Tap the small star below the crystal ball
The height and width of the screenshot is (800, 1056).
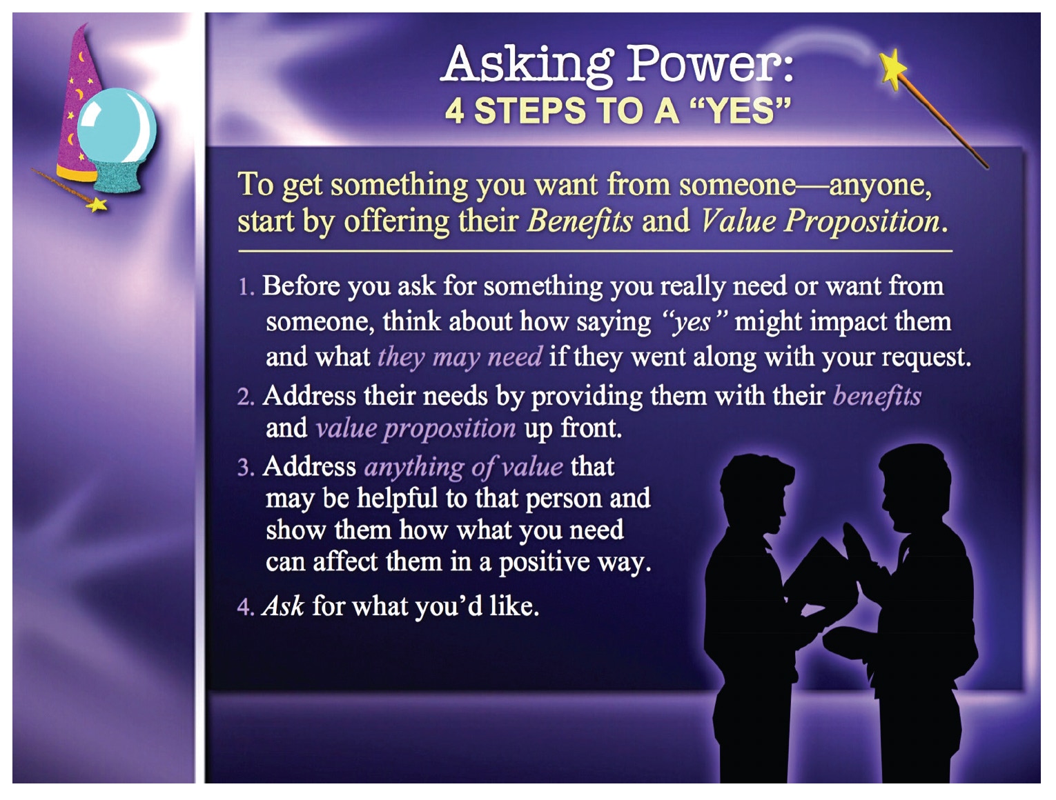pos(97,205)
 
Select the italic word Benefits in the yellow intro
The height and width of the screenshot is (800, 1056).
pos(580,221)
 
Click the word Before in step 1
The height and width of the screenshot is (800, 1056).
pos(301,286)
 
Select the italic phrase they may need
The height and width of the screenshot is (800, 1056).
pos(460,357)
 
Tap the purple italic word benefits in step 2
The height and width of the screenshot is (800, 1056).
pos(877,397)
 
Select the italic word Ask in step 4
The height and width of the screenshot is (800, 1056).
pos(283,606)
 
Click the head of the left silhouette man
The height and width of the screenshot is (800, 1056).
pos(756,491)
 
